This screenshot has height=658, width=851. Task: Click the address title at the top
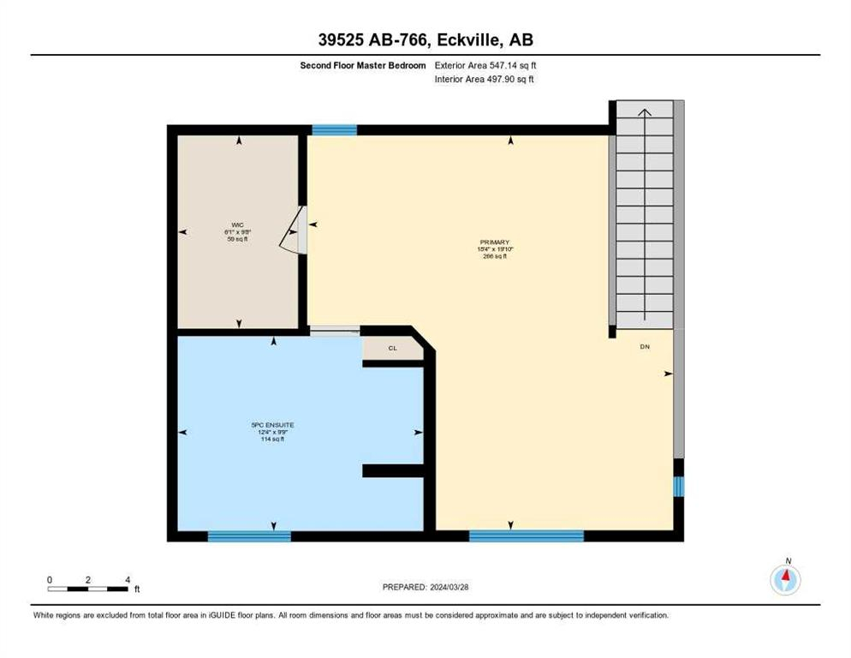pos(425,40)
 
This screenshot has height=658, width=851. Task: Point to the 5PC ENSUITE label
pos(272,425)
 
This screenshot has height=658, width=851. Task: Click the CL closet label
pos(393,349)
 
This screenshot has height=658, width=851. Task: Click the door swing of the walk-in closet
pos(293,230)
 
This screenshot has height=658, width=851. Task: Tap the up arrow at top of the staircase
pos(645,111)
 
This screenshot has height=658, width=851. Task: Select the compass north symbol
pos(785,579)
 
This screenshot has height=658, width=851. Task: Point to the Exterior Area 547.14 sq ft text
pos(485,64)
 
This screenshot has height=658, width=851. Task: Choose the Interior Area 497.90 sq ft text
pos(485,80)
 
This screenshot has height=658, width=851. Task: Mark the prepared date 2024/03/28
pos(425,587)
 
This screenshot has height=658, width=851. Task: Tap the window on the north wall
pos(334,130)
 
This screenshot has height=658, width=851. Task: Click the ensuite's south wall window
pos(249,536)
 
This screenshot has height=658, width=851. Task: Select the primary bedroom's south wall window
pos(526,536)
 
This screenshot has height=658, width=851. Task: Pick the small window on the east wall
pos(678,487)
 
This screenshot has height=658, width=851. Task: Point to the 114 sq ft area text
pos(272,439)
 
